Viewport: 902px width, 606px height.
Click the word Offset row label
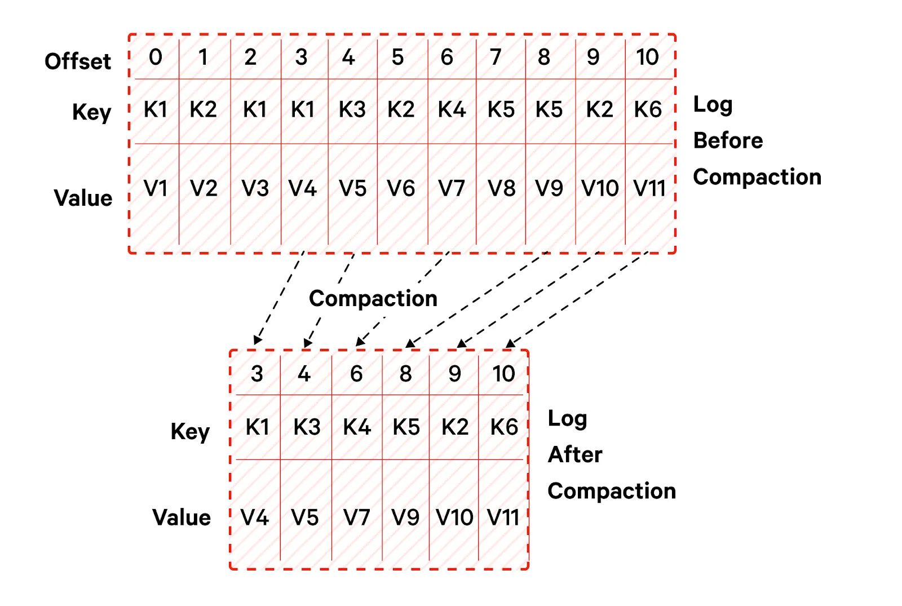[78, 61]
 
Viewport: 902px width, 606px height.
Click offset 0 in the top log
[156, 57]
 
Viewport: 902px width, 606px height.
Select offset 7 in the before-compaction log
[496, 57]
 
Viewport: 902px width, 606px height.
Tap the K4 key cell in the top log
[452, 109]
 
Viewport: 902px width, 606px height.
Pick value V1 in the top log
[156, 188]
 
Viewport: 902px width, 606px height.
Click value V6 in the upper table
[401, 188]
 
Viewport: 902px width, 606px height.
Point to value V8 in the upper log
[501, 188]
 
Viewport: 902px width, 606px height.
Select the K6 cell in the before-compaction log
[648, 109]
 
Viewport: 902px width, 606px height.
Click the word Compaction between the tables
[373, 299]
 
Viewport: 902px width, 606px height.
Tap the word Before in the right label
[728, 140]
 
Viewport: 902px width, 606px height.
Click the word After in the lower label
[575, 454]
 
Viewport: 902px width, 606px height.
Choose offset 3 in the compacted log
[257, 374]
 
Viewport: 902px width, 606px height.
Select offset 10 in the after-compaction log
[503, 374]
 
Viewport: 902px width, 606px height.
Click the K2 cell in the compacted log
[455, 427]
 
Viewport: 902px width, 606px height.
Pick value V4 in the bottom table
[255, 517]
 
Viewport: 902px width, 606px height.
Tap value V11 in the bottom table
[503, 517]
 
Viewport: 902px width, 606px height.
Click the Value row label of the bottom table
[182, 517]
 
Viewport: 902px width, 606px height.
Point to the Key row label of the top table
[92, 112]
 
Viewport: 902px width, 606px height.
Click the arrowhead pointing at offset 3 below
[257, 340]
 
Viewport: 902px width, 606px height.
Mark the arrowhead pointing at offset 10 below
[510, 343]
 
